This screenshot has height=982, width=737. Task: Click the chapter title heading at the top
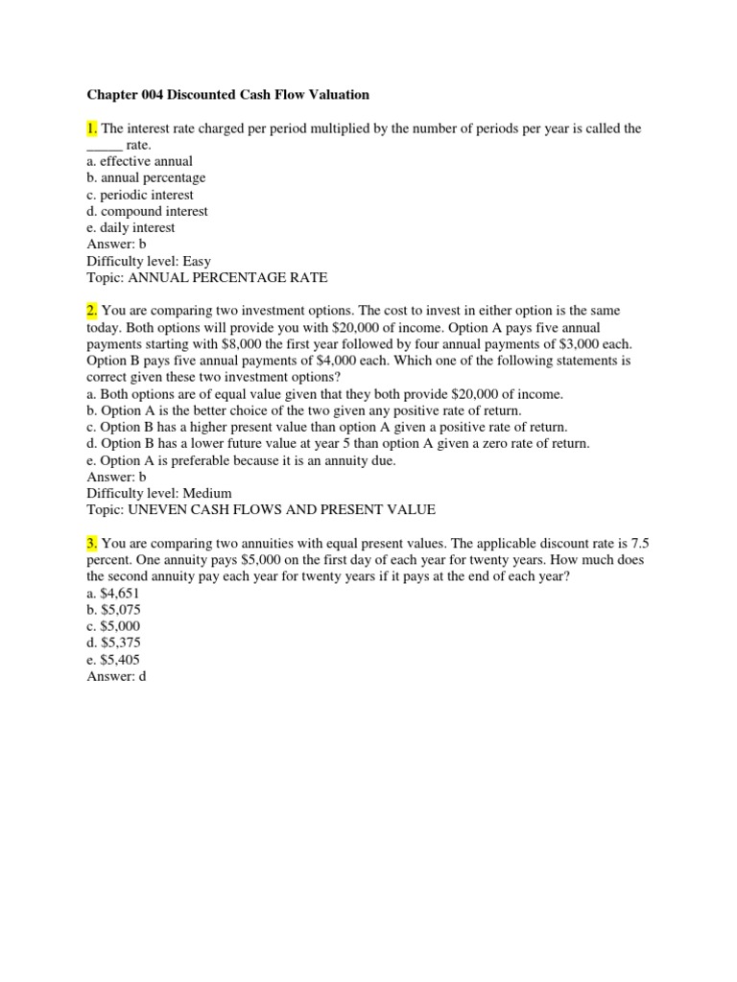(x=227, y=95)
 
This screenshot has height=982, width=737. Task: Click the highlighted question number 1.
(x=92, y=129)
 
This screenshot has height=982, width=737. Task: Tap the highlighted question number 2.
(x=92, y=311)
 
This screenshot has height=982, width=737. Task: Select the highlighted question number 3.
(x=92, y=544)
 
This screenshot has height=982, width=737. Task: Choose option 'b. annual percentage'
(x=146, y=178)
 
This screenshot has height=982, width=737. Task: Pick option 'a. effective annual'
(x=139, y=161)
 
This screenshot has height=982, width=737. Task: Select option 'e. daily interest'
(x=131, y=228)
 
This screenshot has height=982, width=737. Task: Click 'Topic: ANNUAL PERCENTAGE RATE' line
(x=206, y=278)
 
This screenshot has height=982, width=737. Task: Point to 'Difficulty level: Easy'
(x=149, y=261)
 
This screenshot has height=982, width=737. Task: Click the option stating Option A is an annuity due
(x=240, y=460)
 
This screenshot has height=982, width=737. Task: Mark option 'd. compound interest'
(x=147, y=211)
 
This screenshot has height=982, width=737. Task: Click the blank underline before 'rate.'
(x=105, y=145)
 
